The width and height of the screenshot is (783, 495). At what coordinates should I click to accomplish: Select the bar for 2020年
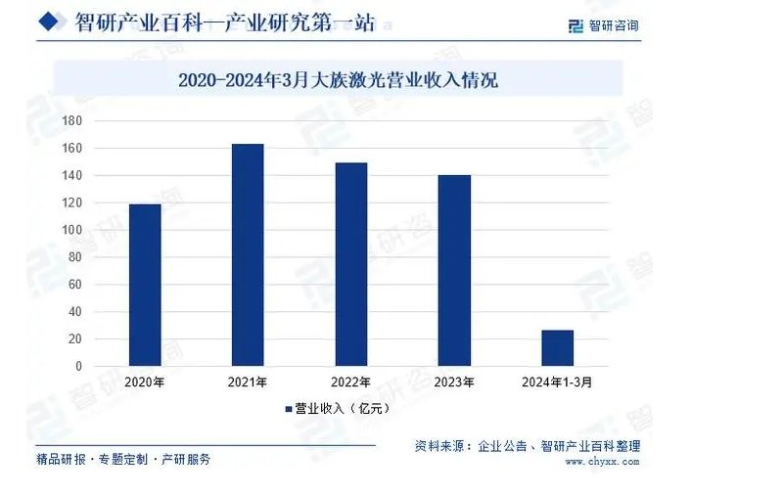coord(145,285)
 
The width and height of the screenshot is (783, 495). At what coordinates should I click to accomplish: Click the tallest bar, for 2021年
coord(248,255)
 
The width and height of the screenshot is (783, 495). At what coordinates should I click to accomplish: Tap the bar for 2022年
coord(350,264)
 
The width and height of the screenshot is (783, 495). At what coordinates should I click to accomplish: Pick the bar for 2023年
coord(454,270)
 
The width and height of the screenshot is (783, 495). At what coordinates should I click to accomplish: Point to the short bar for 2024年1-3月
coord(557,347)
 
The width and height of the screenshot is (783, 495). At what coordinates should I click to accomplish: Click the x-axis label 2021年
coord(248,382)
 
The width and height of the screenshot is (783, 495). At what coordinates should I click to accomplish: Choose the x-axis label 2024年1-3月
coord(558,382)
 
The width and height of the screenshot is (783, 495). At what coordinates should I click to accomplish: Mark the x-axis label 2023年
coord(454,382)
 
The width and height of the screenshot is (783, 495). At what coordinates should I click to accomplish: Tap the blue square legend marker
coord(289,409)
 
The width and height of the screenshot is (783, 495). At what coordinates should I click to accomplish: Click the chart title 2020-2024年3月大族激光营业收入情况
coord(338,79)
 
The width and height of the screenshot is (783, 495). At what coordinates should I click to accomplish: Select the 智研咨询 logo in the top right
coord(603,25)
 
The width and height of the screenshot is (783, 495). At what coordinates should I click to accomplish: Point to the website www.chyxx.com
coord(596,461)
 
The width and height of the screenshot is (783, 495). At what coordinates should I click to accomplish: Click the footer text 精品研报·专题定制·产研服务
coord(122,459)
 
